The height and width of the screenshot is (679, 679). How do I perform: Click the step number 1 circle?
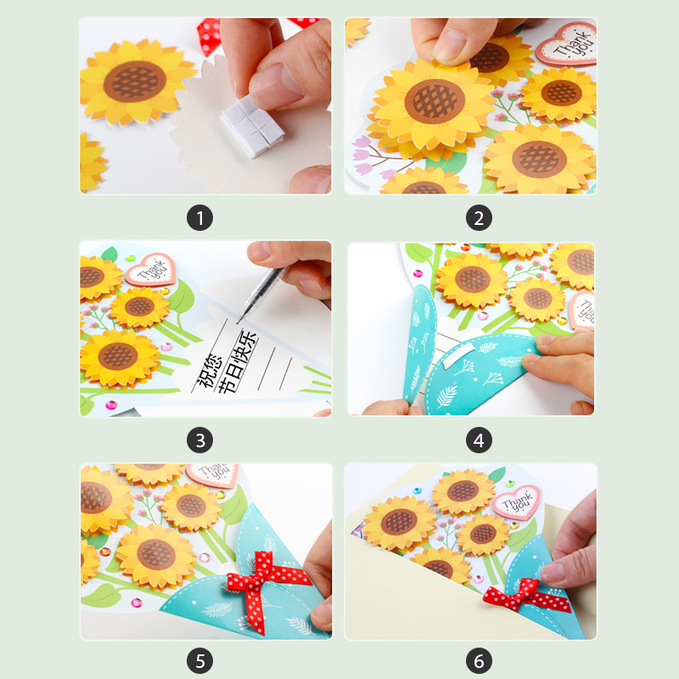[199, 218]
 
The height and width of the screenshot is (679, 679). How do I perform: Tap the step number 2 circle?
[479, 218]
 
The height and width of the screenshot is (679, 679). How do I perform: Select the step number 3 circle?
[199, 441]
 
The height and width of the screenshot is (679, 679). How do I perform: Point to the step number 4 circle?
[479, 441]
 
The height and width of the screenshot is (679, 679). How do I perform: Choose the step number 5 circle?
[199, 661]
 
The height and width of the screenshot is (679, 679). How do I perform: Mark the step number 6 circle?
[479, 661]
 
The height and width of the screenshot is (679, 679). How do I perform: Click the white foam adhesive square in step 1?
[252, 126]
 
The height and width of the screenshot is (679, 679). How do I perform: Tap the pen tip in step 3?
[238, 322]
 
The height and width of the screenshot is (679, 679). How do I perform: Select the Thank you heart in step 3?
[151, 269]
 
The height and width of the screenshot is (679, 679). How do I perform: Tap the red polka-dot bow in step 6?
[525, 597]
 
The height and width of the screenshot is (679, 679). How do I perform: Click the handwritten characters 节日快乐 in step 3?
[238, 362]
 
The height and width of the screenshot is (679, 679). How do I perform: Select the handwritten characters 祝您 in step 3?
[209, 371]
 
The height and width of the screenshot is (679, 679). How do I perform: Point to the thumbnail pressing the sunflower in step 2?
[451, 45]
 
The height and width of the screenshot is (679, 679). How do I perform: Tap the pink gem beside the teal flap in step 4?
[418, 273]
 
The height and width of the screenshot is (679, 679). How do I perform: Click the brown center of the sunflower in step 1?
[135, 81]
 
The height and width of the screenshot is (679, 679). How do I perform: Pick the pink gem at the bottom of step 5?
[137, 603]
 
